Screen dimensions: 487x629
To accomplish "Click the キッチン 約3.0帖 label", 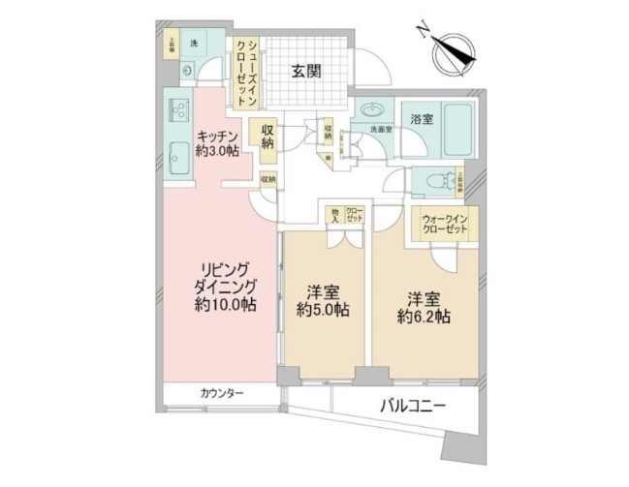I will (x=218, y=143).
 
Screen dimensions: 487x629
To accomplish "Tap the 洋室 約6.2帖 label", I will (x=425, y=306).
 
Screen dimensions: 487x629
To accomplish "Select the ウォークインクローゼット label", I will (x=444, y=226).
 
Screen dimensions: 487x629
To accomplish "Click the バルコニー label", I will (x=412, y=408).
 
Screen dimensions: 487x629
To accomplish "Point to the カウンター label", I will (x=222, y=393).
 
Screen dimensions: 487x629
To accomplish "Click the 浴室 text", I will (x=421, y=120).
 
